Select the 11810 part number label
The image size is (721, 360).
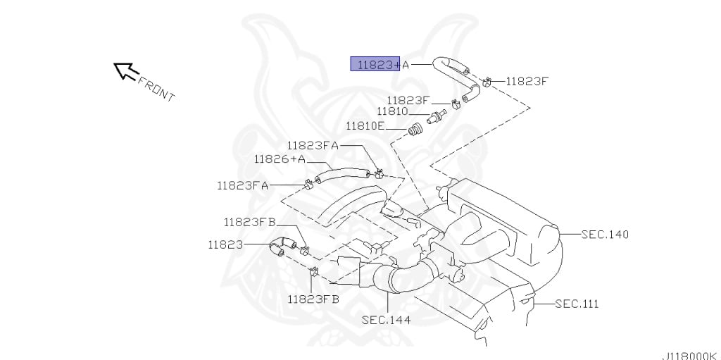pyautogui.click(x=392, y=111)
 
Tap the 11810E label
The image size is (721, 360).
pyautogui.click(x=365, y=125)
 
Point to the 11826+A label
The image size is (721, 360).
pyautogui.click(x=280, y=159)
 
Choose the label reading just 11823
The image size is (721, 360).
pyautogui.click(x=225, y=245)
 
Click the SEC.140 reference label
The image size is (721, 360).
pyautogui.click(x=605, y=235)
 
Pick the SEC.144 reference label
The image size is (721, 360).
pyautogui.click(x=386, y=319)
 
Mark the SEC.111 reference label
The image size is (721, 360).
pyautogui.click(x=577, y=304)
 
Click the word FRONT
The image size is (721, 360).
pyautogui.click(x=156, y=89)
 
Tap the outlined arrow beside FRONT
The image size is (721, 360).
pyautogui.click(x=125, y=71)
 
